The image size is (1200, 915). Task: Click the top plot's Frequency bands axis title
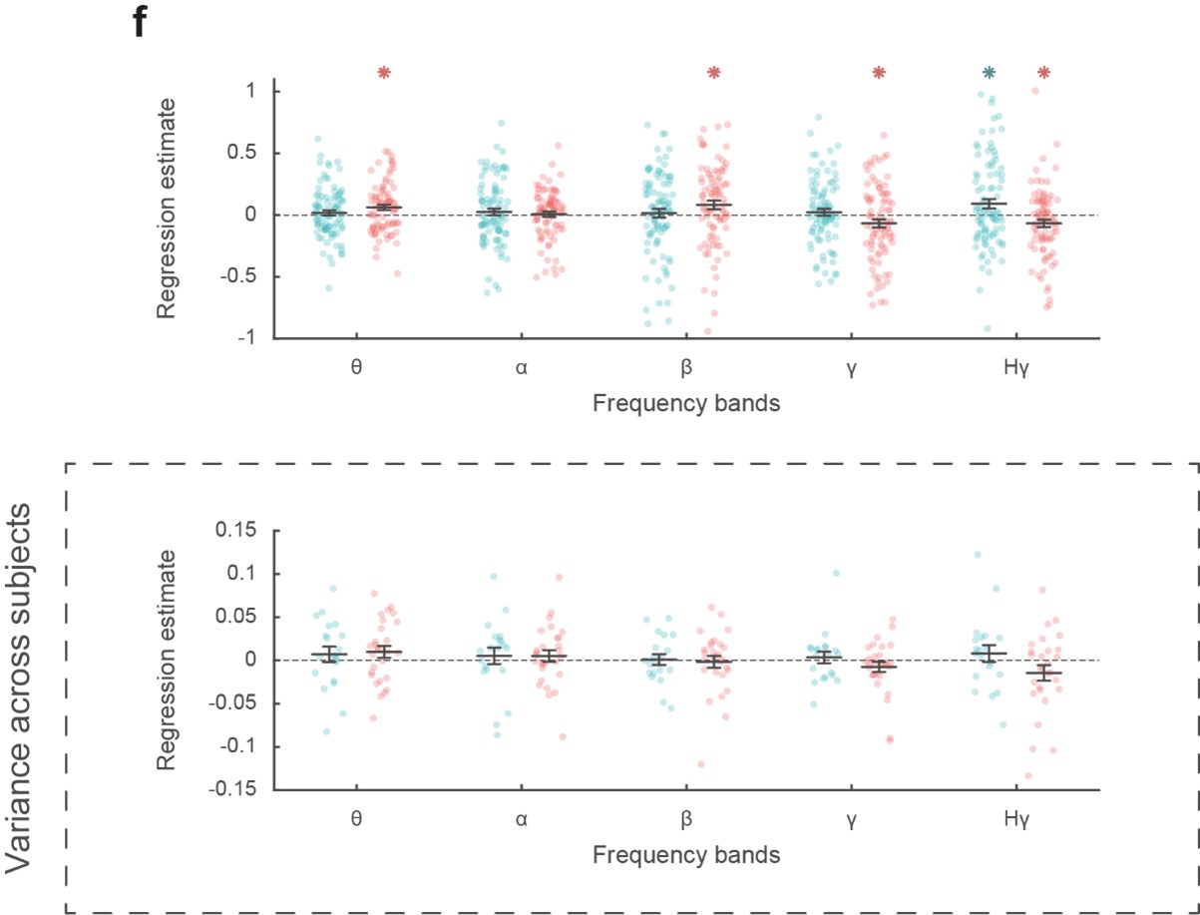click(685, 404)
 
